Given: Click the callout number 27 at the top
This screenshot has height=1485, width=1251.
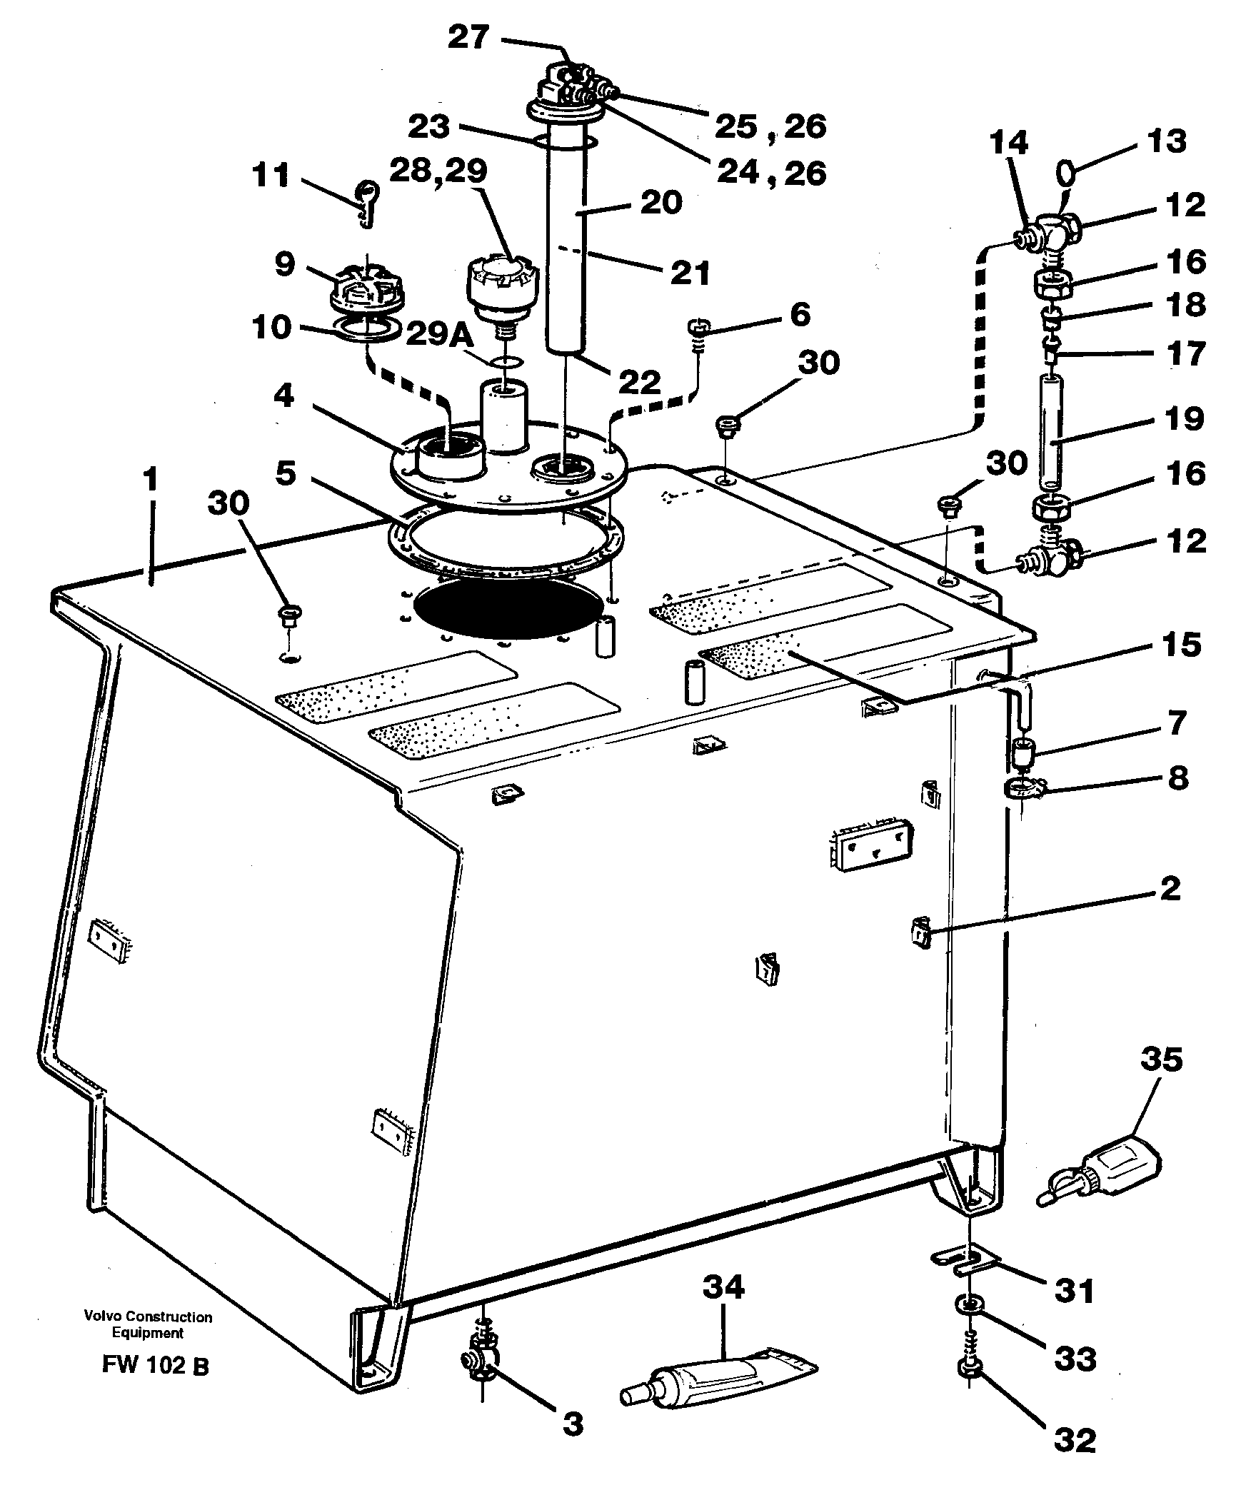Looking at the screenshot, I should click(x=469, y=37).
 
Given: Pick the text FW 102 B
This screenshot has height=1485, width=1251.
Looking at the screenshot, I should click(x=155, y=1365).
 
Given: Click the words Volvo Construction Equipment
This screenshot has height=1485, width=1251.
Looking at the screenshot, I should click(x=148, y=1324).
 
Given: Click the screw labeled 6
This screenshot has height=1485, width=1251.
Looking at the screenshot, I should click(x=698, y=331).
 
